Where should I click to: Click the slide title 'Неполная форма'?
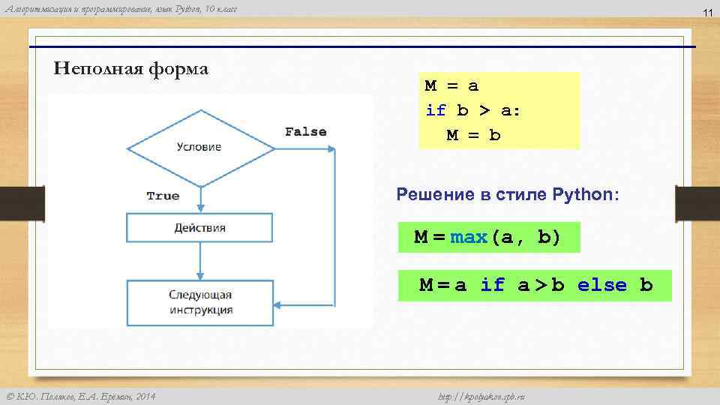131,69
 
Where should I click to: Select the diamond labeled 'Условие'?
199,147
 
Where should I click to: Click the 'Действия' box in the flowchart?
199,228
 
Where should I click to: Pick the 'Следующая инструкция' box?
200,303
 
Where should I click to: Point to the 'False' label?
305,132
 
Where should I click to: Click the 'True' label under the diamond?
163,196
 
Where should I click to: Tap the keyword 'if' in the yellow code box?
435,111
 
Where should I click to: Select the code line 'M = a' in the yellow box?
451,86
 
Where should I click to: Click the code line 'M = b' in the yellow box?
473,136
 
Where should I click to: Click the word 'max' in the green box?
469,238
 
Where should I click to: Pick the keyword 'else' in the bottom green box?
601,285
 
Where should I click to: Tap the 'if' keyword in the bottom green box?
492,285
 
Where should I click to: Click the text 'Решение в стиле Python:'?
508,195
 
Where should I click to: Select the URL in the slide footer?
480,396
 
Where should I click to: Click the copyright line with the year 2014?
81,396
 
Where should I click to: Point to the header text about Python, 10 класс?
120,8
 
